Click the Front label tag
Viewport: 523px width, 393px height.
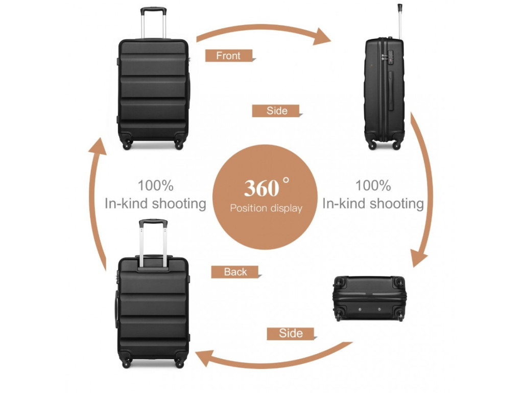[x=228, y=56]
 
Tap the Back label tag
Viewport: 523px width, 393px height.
[x=235, y=272]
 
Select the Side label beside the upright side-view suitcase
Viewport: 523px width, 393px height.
[x=276, y=111]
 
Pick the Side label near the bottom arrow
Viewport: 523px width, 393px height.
[x=291, y=334]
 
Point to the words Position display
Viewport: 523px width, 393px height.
[x=266, y=208]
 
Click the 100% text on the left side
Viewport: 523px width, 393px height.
[x=155, y=185]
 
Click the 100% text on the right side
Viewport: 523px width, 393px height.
[x=373, y=185]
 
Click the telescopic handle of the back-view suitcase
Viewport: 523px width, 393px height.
[x=153, y=241]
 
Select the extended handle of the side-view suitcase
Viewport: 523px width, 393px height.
[x=399, y=20]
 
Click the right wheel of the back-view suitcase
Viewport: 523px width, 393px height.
[x=179, y=362]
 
